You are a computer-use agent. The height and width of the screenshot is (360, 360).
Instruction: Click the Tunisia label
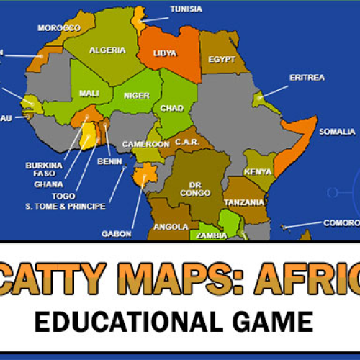click(186, 9)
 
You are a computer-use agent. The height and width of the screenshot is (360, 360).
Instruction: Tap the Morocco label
click(59, 28)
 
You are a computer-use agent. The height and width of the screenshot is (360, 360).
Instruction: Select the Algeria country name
click(107, 50)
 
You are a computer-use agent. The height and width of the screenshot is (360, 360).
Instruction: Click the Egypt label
click(222, 60)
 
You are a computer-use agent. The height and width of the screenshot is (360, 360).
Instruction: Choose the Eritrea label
click(307, 77)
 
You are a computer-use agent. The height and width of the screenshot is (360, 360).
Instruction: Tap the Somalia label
click(337, 132)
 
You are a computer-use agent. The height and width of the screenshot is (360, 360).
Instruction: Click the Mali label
click(89, 94)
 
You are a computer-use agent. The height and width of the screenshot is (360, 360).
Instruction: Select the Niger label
click(136, 95)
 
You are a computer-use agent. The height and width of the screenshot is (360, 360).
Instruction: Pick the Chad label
click(172, 109)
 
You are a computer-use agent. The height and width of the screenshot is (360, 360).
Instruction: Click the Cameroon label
click(145, 144)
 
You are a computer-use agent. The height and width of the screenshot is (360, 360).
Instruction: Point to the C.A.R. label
click(187, 142)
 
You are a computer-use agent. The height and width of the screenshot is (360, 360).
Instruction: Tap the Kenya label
click(258, 171)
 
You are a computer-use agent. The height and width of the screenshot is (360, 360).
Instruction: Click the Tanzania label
click(244, 202)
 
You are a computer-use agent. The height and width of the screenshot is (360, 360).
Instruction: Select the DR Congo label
click(200, 189)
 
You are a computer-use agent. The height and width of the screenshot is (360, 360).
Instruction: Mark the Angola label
click(172, 227)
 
